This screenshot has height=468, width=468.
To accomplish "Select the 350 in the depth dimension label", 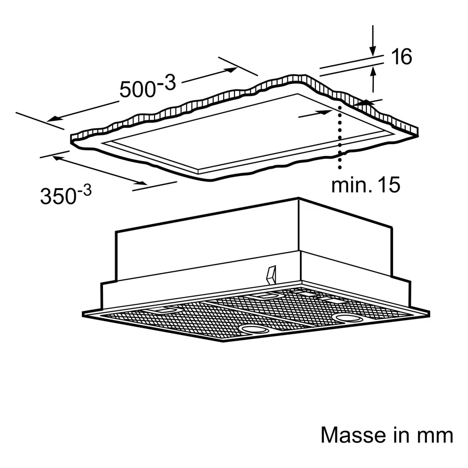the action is point(58,196).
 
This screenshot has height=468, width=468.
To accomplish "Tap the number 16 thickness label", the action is point(402,57).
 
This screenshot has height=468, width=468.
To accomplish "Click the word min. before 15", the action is point(351,185).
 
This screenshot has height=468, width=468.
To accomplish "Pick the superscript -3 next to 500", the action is point(166,82).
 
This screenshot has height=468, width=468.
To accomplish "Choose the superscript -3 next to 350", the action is point(85,191).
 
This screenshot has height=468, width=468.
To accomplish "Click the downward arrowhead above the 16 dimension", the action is point(373,51).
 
